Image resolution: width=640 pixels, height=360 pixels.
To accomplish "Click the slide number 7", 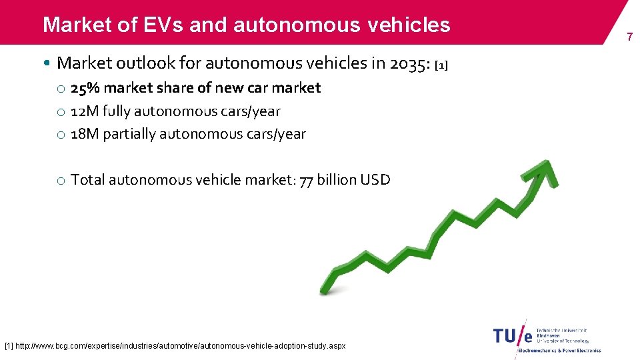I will pos(629,37).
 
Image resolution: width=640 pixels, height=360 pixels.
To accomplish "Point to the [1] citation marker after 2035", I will pos(441,65).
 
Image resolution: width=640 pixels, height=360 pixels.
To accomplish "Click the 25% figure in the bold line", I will pos(86,88).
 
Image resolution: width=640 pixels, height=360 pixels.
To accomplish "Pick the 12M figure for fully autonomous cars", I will pos(85,111).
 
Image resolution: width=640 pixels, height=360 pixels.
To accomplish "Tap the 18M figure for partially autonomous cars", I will pos(85,134).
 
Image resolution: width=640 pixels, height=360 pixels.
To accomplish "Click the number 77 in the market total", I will pos(306,180).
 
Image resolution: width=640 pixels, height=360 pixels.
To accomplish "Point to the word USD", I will pos(375,179).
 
